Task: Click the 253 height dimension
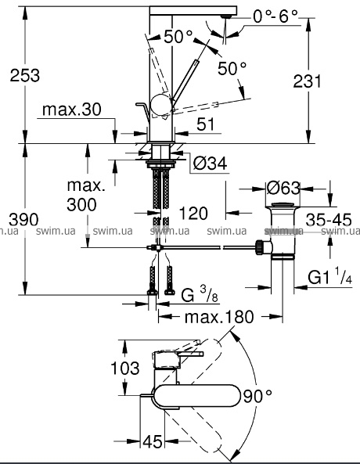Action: pos(24,75)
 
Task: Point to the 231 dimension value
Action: pos(307,81)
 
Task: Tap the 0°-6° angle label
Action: pos(275,16)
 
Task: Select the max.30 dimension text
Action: pos(72,110)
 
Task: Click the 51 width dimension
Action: pos(206,124)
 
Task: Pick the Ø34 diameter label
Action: pos(211,164)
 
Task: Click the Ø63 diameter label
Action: pos(283,188)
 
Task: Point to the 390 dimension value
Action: pos(23,220)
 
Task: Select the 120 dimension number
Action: pos(193,214)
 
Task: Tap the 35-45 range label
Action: pos(329,220)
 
